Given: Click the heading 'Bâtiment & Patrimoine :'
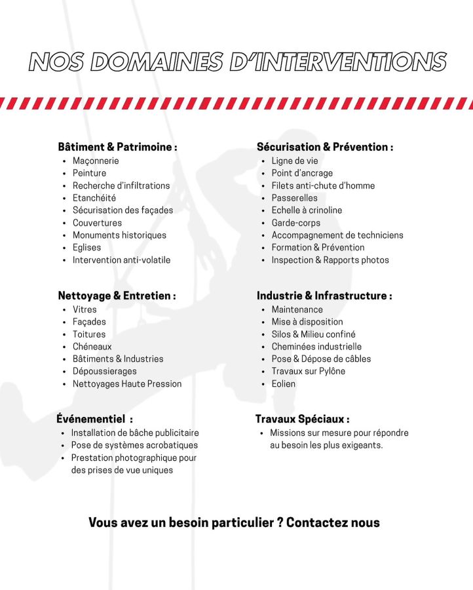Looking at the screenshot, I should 117,147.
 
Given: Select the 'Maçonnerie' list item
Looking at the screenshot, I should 96,161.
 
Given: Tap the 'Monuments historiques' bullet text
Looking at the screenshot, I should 119,235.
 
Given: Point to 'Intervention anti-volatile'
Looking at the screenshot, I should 121,260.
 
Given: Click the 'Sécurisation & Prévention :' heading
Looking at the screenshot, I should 325,147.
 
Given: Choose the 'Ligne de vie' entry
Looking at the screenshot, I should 295,161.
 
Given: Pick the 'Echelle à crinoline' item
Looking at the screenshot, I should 307,210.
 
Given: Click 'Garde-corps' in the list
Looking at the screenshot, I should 295,222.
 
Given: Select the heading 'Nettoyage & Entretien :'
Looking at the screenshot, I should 117,296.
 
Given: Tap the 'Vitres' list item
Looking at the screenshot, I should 85,309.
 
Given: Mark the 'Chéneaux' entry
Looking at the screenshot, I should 92,346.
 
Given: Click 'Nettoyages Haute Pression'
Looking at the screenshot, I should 127,383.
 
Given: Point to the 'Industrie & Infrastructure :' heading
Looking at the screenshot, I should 324,296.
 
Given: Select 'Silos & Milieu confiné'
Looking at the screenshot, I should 314,334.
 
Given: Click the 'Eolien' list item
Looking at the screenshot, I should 284,383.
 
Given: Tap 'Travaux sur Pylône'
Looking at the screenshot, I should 309,371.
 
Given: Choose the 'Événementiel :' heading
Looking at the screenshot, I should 95,419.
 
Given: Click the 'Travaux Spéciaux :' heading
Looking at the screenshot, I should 302,419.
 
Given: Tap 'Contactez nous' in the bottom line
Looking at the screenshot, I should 333,522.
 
